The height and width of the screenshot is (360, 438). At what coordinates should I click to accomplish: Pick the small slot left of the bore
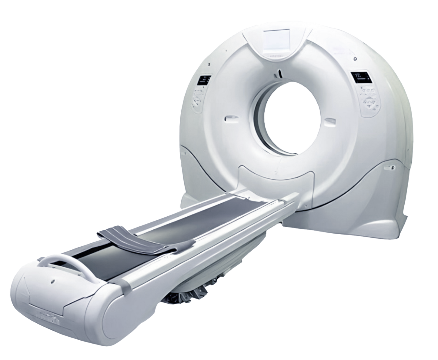(230, 117)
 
